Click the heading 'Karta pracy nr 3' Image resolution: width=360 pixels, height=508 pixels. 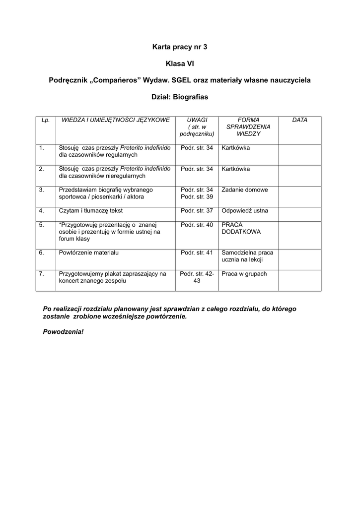coord(179,47)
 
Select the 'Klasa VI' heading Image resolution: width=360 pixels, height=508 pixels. coord(179,63)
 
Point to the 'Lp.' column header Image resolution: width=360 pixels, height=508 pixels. coord(46,120)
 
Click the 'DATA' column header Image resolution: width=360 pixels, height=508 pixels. coord(299,120)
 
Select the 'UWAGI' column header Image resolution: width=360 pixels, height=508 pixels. coord(197,120)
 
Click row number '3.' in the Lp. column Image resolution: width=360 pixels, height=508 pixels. coord(42,190)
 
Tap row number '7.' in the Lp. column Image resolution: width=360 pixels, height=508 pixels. coord(42,273)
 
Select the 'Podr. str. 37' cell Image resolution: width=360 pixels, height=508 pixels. coord(197,210)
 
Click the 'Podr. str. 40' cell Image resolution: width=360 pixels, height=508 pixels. coord(197,225)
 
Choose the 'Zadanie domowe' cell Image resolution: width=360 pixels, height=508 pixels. coord(245,190)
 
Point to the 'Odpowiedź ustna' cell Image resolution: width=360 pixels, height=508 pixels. coord(245,210)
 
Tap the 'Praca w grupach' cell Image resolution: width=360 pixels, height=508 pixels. coord(244,273)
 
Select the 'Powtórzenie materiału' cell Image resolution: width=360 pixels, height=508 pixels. coord(88,253)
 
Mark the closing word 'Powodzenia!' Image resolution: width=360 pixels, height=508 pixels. coord(64,331)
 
